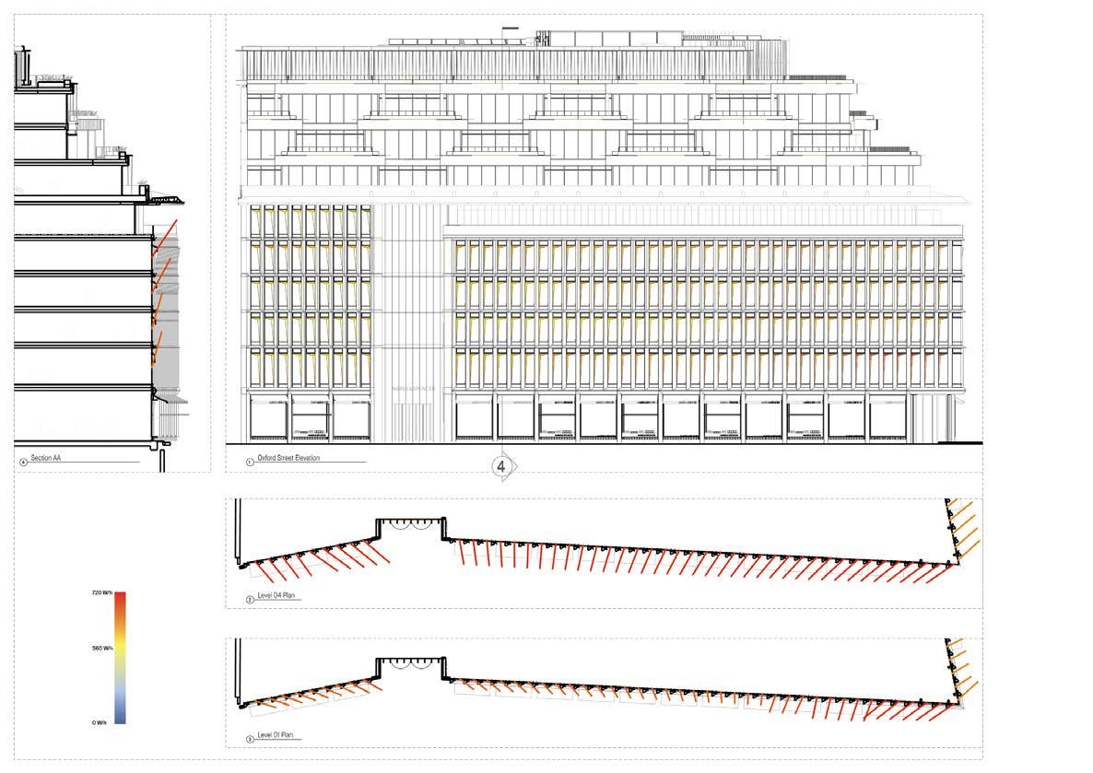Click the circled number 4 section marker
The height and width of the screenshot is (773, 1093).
(x=501, y=467)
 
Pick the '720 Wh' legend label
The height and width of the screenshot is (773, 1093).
(x=102, y=594)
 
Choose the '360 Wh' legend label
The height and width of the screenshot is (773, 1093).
(x=102, y=649)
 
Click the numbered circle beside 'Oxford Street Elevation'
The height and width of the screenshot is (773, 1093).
(x=249, y=460)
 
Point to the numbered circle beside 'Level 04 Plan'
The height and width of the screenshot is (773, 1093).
(x=250, y=601)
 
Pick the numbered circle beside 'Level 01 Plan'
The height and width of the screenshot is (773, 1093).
(x=250, y=739)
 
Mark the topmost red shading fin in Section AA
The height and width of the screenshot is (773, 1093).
(x=163, y=236)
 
